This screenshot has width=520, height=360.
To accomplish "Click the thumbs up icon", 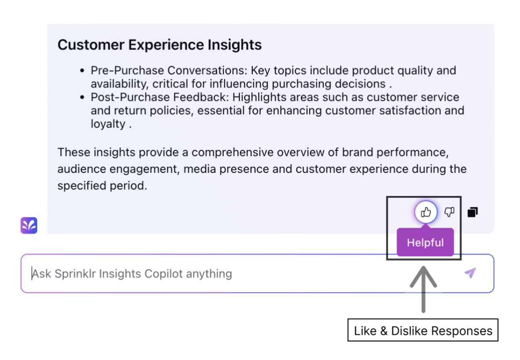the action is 426,212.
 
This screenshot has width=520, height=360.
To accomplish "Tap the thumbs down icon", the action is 449,212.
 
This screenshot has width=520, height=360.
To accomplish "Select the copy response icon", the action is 473,212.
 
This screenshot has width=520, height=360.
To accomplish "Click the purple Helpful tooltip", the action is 425,242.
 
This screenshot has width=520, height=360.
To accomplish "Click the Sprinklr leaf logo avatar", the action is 29,226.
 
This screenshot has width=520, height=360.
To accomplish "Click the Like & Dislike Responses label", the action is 423,330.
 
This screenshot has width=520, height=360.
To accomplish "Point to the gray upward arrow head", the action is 423,276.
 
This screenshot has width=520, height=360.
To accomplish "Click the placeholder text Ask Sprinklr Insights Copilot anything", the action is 132,274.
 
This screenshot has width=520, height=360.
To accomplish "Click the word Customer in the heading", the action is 91,45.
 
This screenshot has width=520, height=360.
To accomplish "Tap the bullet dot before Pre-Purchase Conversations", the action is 82,70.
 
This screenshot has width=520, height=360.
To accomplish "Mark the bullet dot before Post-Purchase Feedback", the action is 82,97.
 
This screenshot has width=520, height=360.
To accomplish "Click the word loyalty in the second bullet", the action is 108,124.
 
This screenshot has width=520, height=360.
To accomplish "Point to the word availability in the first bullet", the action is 120,84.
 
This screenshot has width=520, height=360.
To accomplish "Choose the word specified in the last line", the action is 82,185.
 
